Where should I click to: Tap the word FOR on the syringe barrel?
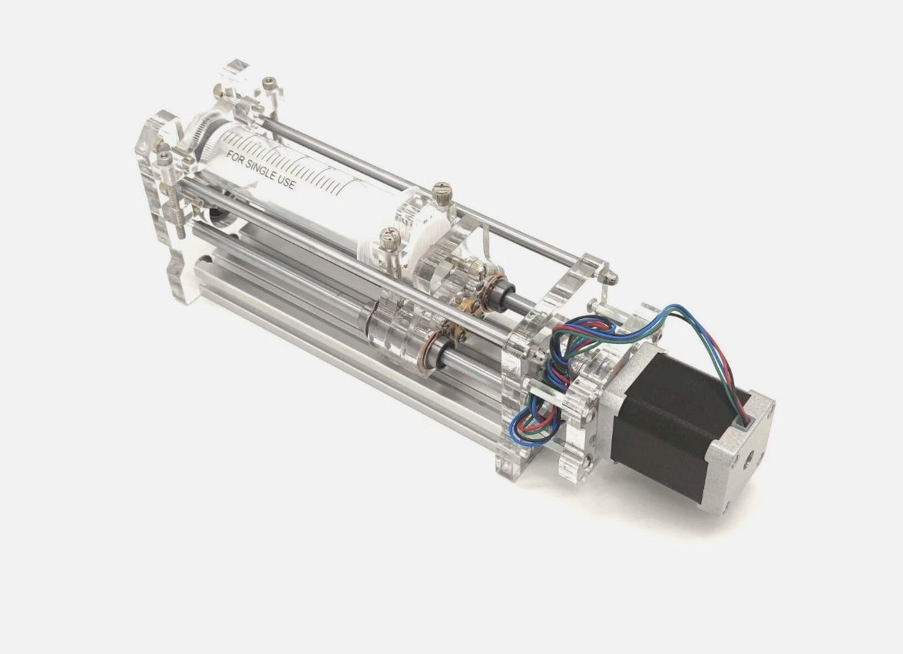click(x=235, y=157)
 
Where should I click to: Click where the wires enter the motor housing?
click(x=741, y=418)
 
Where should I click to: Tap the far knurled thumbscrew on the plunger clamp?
click(x=441, y=190)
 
